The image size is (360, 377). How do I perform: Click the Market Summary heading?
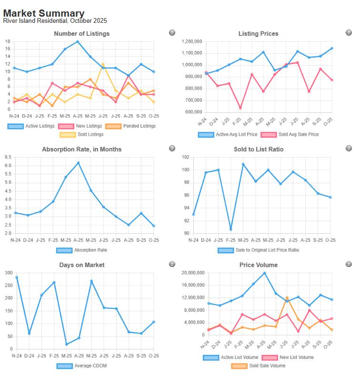[44, 13]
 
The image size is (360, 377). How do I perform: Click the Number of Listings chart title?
[81, 34]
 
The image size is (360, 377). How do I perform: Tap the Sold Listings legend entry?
[81, 135]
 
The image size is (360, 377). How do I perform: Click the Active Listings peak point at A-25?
[78, 41]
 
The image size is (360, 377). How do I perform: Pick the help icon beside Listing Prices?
[349, 33]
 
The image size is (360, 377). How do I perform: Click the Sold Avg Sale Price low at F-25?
[240, 108]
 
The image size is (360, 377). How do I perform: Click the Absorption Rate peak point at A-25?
[78, 163]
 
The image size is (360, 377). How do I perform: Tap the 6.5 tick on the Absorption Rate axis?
[8, 157]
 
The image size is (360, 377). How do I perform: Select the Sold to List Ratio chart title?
[259, 149]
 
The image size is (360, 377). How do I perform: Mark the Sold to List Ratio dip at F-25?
[230, 229]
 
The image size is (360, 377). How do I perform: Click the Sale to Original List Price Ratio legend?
[259, 250]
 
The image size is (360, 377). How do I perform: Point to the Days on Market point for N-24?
[17, 277]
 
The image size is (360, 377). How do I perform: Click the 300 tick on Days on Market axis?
[7, 273]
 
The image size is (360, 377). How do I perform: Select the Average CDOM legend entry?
[81, 366]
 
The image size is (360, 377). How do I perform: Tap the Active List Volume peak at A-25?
[265, 273]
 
